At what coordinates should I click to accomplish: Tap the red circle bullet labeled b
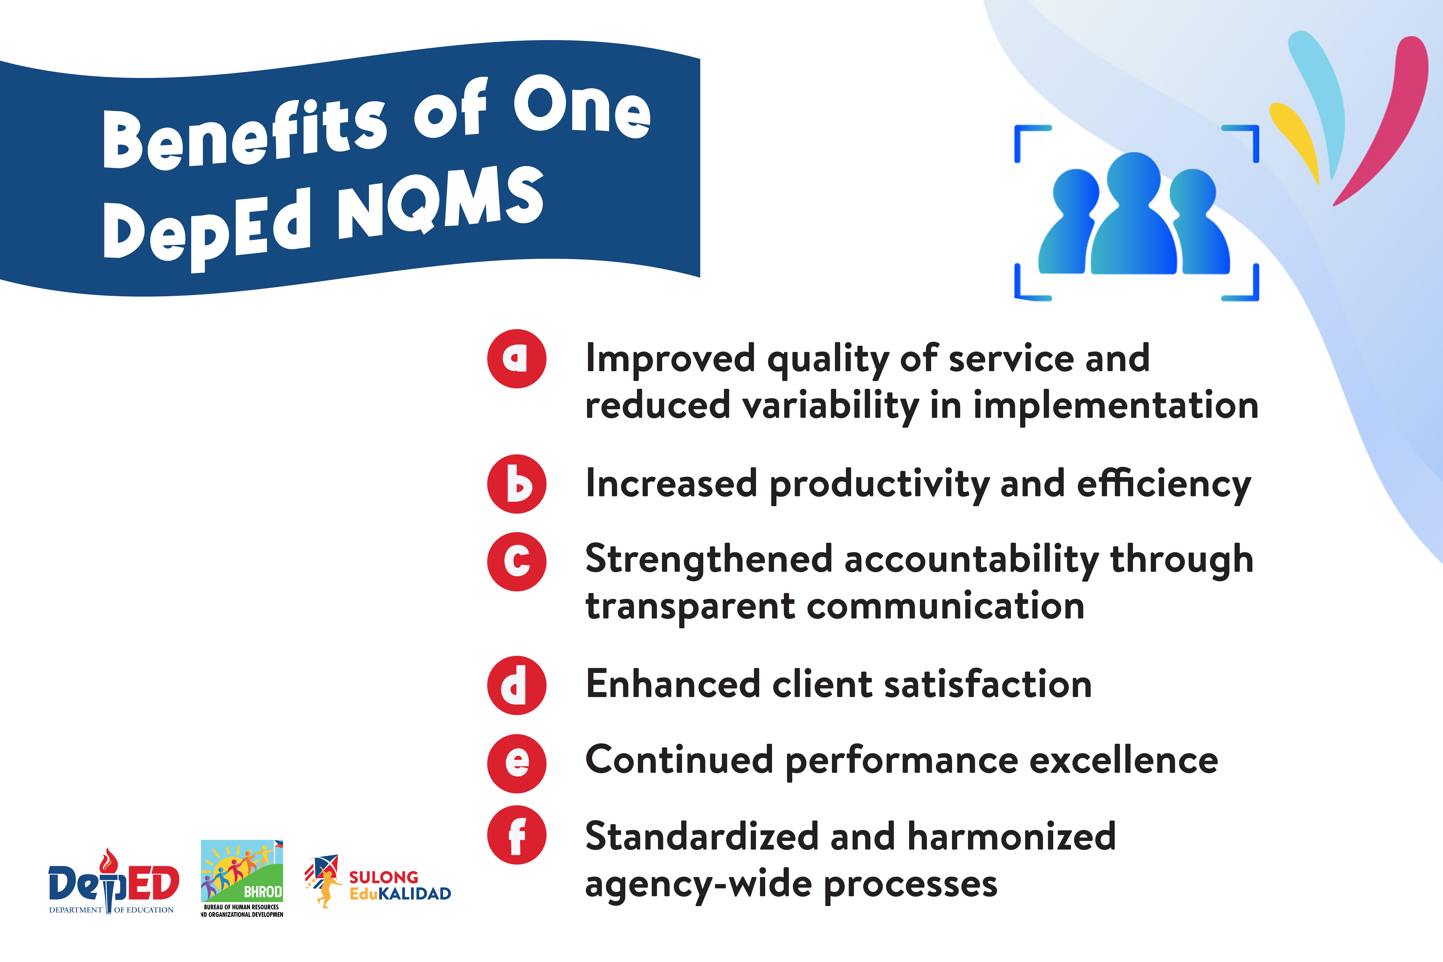tap(517, 484)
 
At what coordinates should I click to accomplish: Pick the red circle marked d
tap(517, 685)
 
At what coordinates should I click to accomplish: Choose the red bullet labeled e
tap(517, 764)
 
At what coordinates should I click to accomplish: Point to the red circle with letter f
tap(517, 835)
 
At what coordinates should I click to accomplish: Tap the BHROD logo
tap(242, 879)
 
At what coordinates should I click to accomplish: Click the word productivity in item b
tap(879, 485)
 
